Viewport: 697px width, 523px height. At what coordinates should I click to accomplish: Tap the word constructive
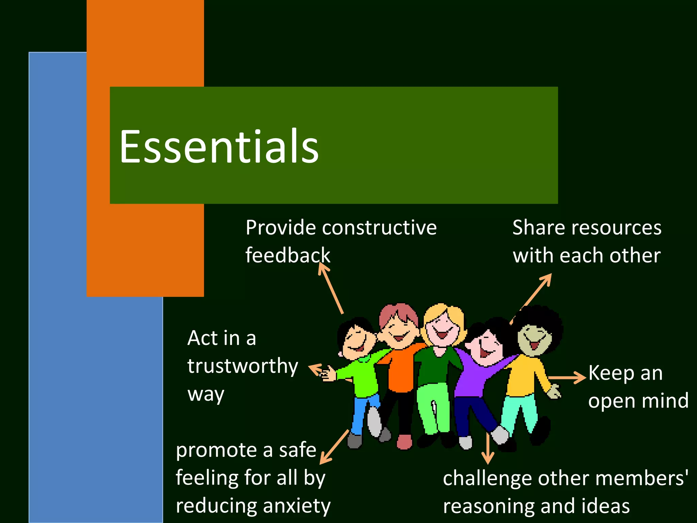[x=379, y=227]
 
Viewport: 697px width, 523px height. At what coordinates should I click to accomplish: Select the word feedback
[x=288, y=255]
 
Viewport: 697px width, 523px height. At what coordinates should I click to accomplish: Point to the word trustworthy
[x=243, y=366]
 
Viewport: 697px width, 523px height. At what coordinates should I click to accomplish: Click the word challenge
[x=487, y=478]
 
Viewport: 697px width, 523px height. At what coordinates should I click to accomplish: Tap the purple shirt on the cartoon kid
[x=476, y=378]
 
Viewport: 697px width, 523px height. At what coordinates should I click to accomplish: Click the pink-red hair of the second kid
[x=398, y=312]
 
